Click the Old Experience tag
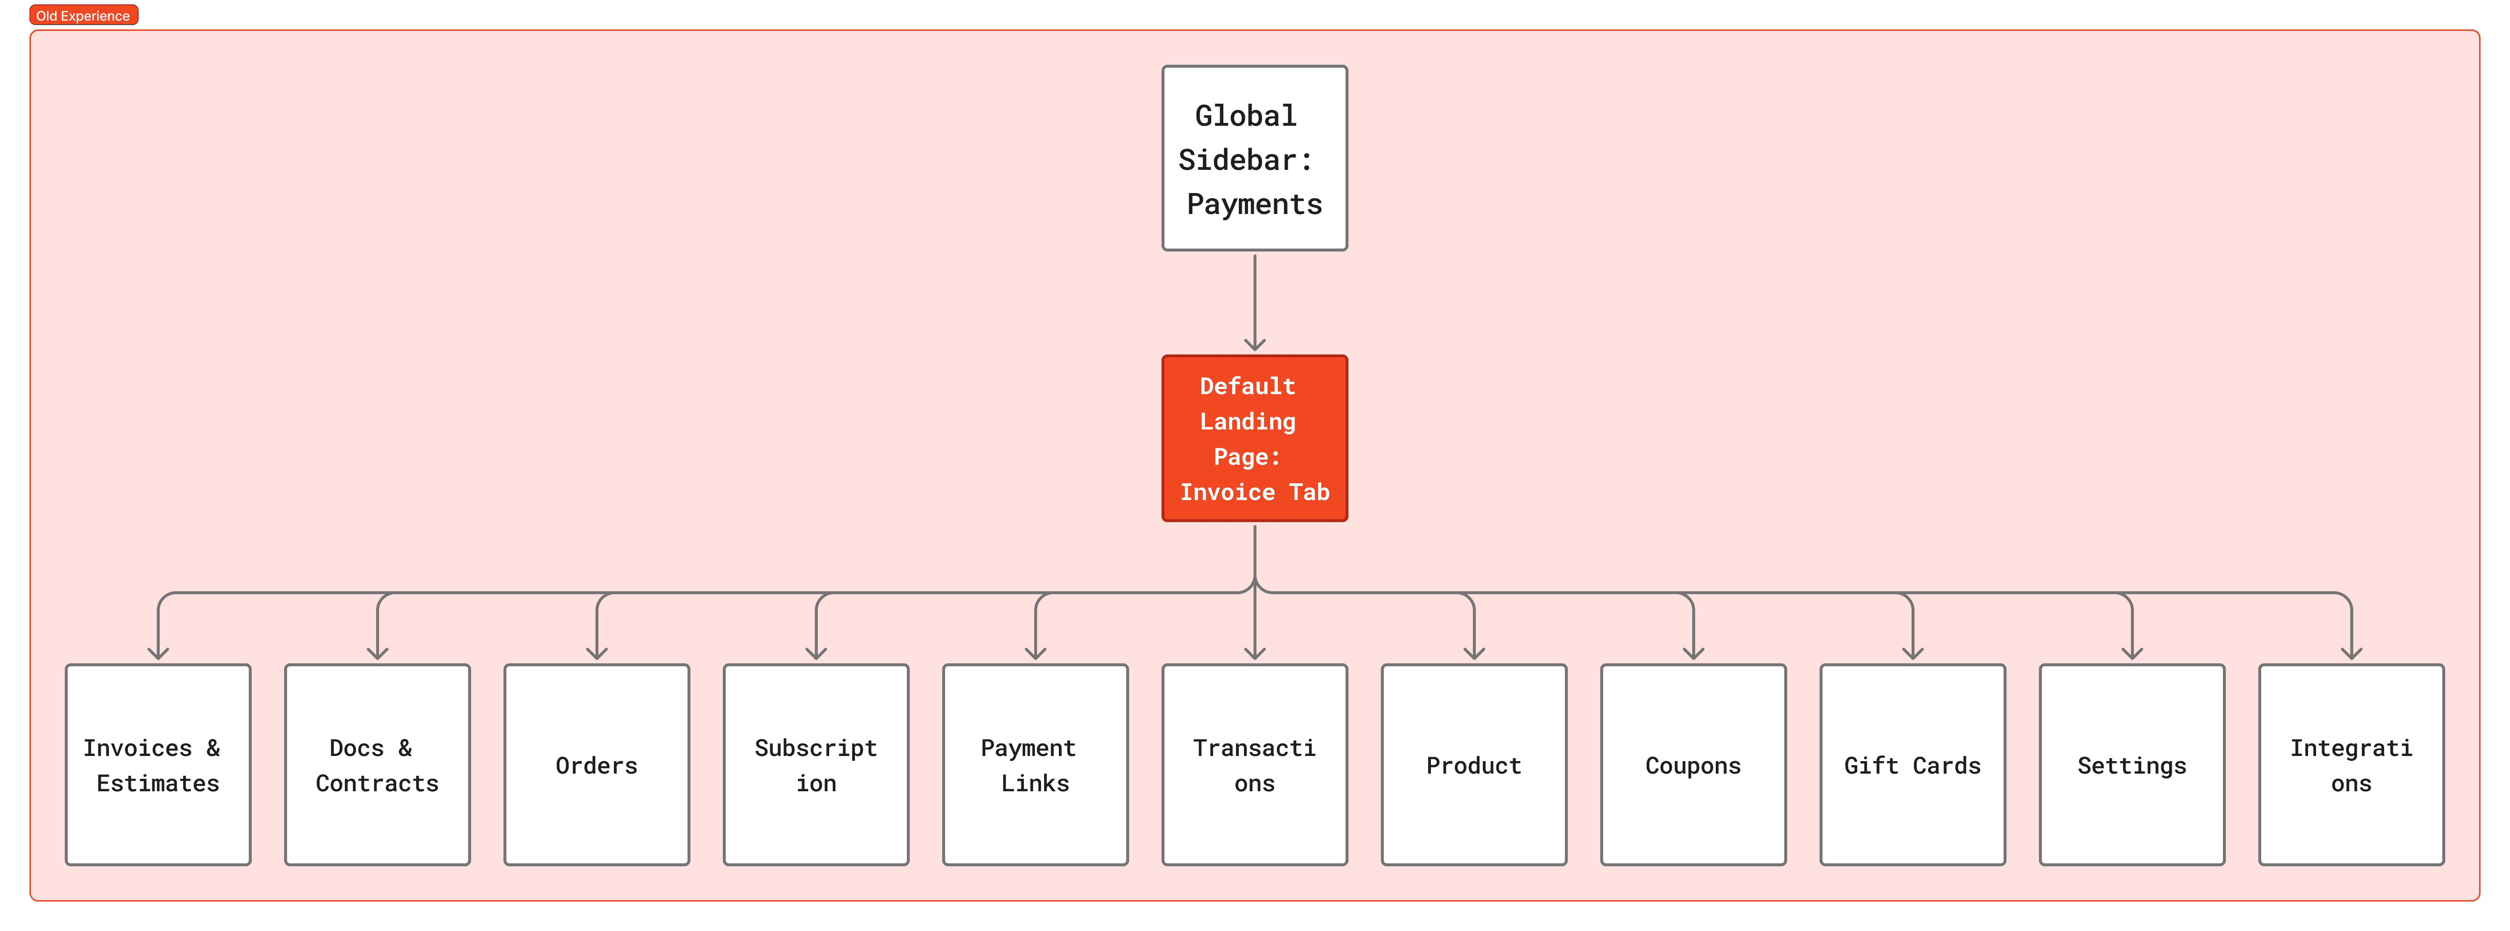tap(83, 15)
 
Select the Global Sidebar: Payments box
tap(1254, 158)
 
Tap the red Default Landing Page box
tap(1254, 438)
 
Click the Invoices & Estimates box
tap(158, 764)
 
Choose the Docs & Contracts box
tap(377, 764)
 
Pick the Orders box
tap(596, 764)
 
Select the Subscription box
tap(816, 764)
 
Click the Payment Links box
tap(1035, 764)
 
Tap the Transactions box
tap(1254, 764)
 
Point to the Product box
tap(1473, 764)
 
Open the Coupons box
tap(1693, 764)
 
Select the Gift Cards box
tap(1912, 764)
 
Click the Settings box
tap(2131, 764)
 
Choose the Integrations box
tap(2350, 764)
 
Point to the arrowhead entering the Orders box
tap(596, 653)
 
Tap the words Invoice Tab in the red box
tap(1254, 492)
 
